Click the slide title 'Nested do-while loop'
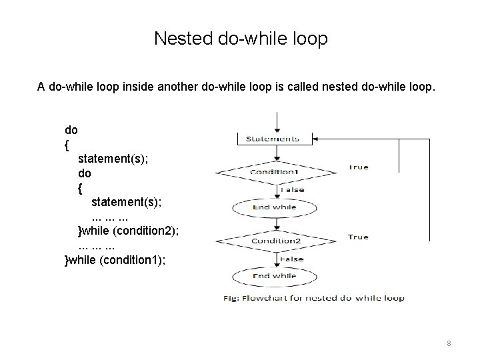[x=241, y=39]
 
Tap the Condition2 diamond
[x=275, y=240]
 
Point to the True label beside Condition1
[x=358, y=167]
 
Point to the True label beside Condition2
[x=358, y=237]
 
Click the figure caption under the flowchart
[x=313, y=298]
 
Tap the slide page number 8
[x=449, y=343]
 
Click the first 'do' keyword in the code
[x=71, y=129]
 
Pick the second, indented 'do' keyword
[x=85, y=173]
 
